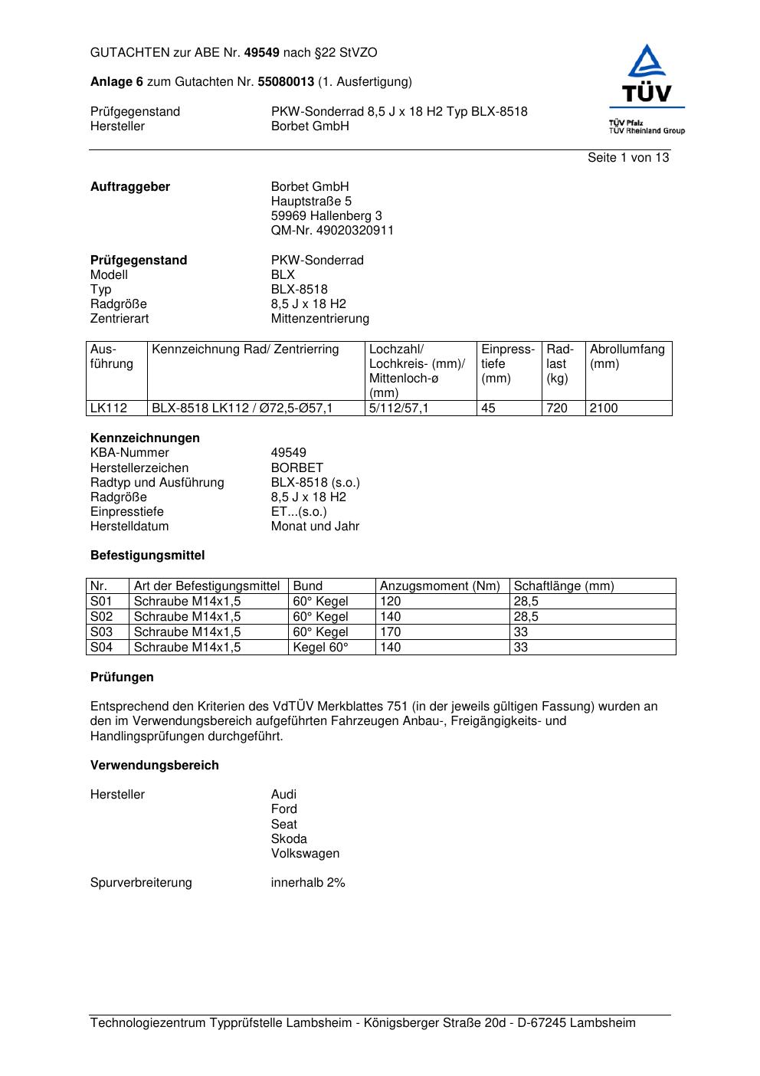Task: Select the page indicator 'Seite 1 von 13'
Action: click(x=627, y=158)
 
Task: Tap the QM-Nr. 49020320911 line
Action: click(x=332, y=231)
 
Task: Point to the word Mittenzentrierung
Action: click(x=319, y=319)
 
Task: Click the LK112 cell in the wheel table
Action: click(x=109, y=408)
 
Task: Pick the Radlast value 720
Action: click(x=557, y=408)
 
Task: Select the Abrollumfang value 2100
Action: click(x=604, y=408)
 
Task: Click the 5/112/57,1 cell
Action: click(x=398, y=408)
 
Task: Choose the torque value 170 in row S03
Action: click(x=391, y=632)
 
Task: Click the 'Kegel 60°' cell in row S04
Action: click(x=320, y=648)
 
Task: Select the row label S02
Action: click(x=101, y=617)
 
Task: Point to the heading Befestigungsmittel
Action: click(x=147, y=556)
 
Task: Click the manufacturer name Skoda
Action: click(x=289, y=839)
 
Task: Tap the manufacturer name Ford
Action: click(x=283, y=809)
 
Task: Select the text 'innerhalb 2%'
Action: click(x=308, y=883)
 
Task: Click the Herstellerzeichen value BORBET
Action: click(x=296, y=468)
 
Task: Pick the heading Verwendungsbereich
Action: click(x=154, y=766)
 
